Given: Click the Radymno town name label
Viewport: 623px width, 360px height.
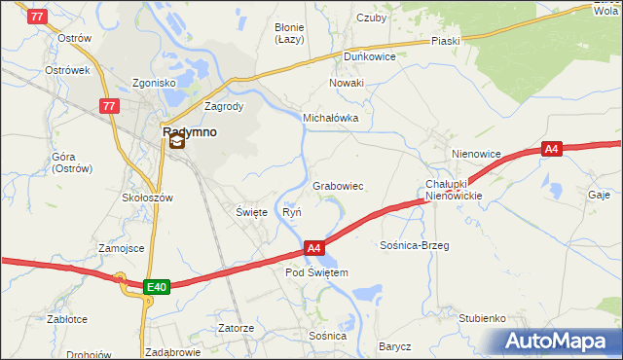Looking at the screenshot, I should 190,129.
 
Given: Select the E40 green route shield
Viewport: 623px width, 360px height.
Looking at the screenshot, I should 157,287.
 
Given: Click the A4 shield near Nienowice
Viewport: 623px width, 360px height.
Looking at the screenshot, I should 552,149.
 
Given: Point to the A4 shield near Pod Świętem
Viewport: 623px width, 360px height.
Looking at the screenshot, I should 313,249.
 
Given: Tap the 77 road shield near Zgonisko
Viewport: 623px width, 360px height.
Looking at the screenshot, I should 109,106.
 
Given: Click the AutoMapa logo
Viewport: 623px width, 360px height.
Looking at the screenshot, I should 560,342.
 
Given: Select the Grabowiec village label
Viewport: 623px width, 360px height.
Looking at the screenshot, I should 338,186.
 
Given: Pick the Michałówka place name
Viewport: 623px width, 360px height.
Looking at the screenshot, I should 331,118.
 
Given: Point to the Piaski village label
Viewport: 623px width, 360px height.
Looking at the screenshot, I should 446,42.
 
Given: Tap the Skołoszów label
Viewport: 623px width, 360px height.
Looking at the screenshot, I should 147,198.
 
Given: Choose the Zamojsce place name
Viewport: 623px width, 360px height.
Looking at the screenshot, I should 122,248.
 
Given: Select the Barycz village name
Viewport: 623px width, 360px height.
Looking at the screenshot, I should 396,346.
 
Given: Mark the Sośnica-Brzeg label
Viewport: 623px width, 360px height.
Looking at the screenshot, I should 415,246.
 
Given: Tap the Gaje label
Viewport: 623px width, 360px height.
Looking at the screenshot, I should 599,195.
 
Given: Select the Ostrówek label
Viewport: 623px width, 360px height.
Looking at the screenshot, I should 67,71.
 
